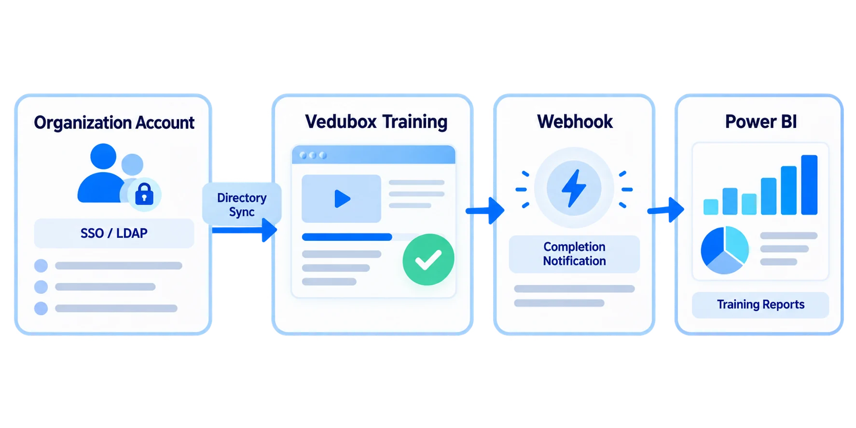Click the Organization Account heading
(x=114, y=123)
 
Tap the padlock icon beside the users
(x=144, y=194)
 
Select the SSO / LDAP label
(x=114, y=234)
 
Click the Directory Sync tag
(x=242, y=205)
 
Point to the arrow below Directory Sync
(x=244, y=230)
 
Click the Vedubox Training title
(x=376, y=122)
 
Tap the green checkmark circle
(x=428, y=260)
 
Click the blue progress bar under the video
(x=347, y=237)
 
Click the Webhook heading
(x=575, y=122)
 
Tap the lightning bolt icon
(x=574, y=188)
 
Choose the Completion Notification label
(x=574, y=254)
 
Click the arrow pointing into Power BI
(x=666, y=209)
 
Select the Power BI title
(x=760, y=122)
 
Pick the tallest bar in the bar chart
(x=809, y=185)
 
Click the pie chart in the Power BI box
(x=725, y=250)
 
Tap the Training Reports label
(x=760, y=304)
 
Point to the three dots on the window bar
(x=313, y=155)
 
